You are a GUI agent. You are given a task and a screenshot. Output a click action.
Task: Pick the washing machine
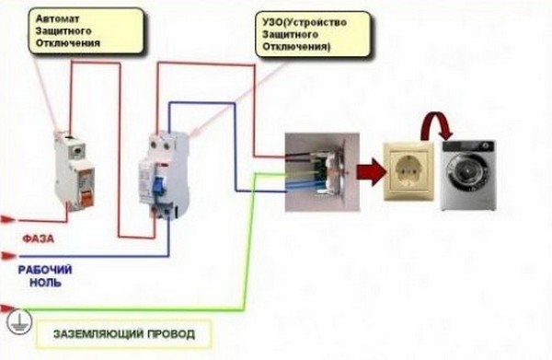pyautogui.click(x=467, y=175)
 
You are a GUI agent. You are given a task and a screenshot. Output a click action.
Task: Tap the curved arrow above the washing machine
pyautogui.click(x=435, y=124)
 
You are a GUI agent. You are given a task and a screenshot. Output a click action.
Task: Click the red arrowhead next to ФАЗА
pyautogui.click(x=8, y=221)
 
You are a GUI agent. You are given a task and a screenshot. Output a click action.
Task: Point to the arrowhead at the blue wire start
pyautogui.click(x=8, y=256)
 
